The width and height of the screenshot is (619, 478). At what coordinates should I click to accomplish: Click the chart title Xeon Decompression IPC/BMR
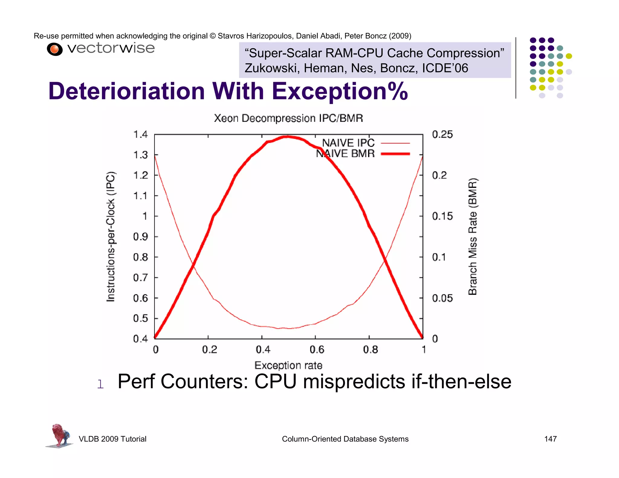[288, 118]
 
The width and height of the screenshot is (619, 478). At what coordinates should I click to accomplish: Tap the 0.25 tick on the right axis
[442, 134]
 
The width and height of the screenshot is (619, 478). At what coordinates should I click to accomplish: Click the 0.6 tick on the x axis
[317, 350]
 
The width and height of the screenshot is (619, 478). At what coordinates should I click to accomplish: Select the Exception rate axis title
[288, 365]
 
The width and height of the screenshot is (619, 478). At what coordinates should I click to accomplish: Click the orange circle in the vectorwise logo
[54, 49]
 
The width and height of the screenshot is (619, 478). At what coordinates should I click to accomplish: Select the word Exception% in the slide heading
[340, 91]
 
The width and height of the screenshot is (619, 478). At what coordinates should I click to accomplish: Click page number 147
[550, 439]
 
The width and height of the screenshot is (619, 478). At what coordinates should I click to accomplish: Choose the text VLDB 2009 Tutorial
[112, 439]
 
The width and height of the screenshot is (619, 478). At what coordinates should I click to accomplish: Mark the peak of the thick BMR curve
[287, 137]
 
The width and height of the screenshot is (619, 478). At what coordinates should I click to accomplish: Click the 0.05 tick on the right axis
[442, 298]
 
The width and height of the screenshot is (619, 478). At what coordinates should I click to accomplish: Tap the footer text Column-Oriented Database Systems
[345, 439]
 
